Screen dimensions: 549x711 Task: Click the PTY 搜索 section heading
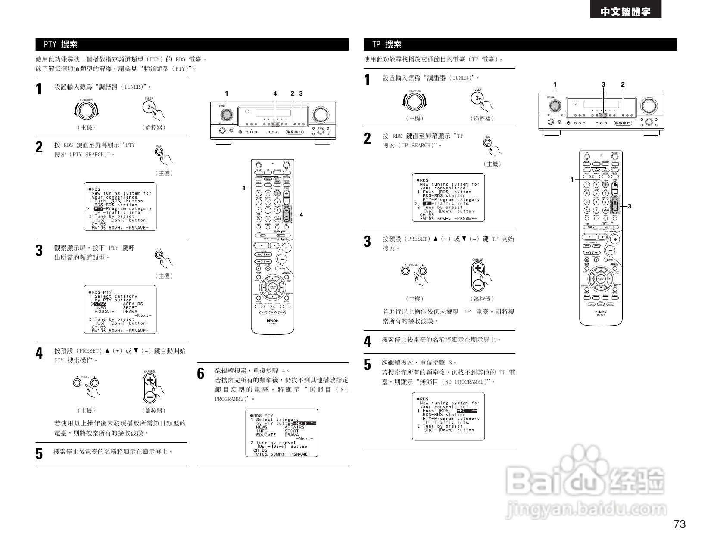61,44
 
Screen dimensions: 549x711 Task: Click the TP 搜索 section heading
387,44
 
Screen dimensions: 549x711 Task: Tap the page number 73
679,524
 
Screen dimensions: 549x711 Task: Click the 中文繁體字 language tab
626,12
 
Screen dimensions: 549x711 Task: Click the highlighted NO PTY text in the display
304,423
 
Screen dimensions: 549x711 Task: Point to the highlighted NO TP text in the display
468,411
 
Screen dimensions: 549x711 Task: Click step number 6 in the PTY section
201,374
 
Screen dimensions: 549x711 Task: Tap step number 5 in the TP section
367,365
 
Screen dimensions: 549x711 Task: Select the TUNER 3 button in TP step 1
477,98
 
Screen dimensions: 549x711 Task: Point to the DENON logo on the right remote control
600,313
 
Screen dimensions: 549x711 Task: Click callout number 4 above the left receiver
275,93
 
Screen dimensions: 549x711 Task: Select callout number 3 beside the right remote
630,207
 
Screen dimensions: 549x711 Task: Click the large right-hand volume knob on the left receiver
320,114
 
